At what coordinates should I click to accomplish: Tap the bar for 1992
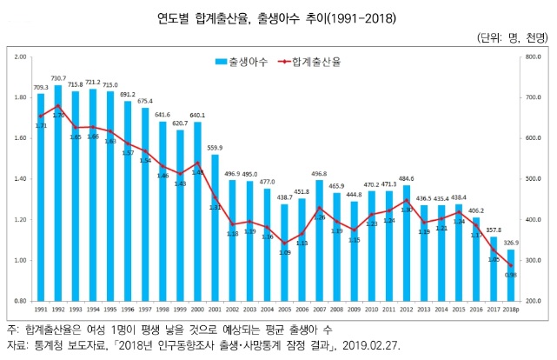58,192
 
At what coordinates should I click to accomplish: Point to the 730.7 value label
58,79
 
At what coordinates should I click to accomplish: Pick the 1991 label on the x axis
40,310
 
